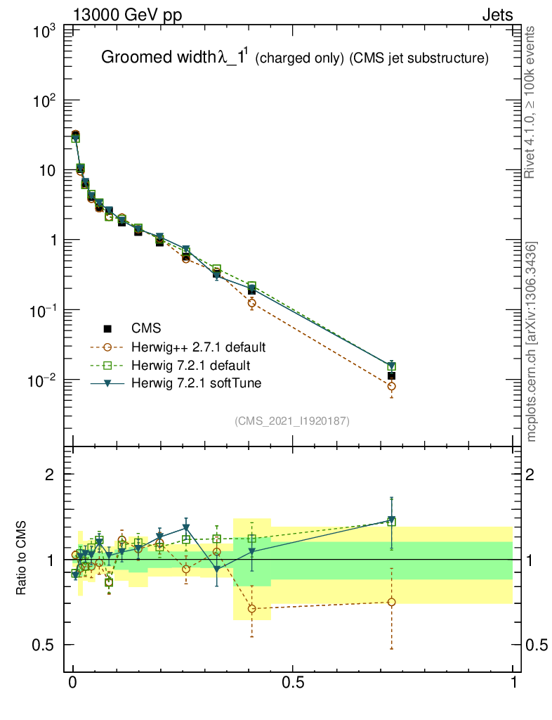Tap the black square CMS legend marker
[x=107, y=328]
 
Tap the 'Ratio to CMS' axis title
[x=22, y=560]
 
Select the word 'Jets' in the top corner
[x=497, y=15]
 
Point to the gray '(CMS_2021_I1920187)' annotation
[x=292, y=420]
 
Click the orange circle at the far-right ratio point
[x=391, y=602]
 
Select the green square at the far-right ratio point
[x=391, y=522]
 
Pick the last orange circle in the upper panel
[x=391, y=386]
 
